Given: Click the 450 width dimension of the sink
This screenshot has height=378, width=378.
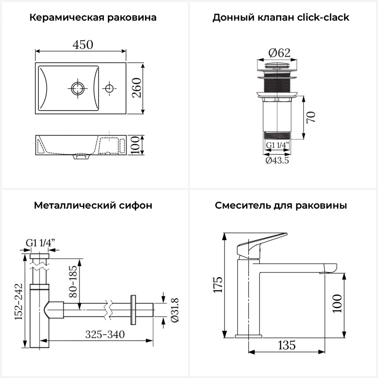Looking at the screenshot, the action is [83, 45].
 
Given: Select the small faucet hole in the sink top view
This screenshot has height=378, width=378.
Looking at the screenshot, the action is [109, 88].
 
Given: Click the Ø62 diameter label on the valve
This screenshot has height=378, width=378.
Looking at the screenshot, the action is [279, 53].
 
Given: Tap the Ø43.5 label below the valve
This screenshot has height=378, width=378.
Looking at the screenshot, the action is [277, 160].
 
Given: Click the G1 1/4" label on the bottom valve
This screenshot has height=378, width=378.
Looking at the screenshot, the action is [277, 145].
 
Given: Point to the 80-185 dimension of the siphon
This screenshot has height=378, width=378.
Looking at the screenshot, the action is [73, 281].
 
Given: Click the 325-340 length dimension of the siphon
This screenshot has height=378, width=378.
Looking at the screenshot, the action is [105, 334].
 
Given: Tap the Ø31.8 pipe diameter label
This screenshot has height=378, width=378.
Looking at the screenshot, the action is [175, 310].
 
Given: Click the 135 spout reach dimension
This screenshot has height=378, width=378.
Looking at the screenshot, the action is [287, 345].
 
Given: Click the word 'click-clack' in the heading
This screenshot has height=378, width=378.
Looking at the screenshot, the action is [323, 17].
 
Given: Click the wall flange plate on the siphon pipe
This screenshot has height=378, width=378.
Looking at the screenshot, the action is [133, 310].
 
